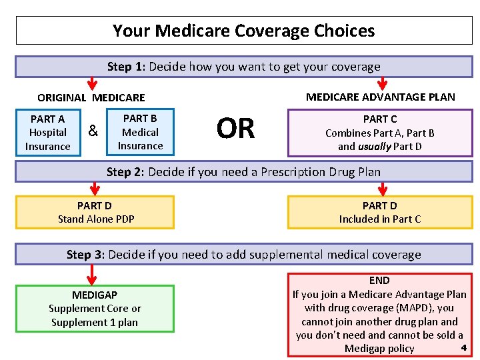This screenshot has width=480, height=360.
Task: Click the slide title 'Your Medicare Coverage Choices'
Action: coord(243,31)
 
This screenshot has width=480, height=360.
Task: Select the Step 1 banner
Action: coord(243,67)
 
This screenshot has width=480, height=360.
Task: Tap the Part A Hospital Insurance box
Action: coord(48,132)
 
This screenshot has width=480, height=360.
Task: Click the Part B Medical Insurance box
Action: coord(140,132)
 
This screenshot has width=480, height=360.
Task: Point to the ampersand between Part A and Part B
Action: coord(93,131)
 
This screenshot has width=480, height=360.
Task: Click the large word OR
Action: coord(235,129)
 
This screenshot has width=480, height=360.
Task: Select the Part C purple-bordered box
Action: coord(379,133)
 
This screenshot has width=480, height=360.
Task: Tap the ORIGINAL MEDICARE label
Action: coord(91,97)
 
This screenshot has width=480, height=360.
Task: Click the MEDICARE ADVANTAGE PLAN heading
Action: coord(380,97)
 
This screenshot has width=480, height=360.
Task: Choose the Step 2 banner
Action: coord(243,172)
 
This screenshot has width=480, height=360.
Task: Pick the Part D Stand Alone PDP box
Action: coord(95,212)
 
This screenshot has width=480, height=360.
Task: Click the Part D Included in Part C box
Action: coord(379,212)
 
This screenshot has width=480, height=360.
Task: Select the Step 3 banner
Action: coord(243,254)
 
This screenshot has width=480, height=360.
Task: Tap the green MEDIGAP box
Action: coord(95,309)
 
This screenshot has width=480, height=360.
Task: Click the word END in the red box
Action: coord(379,281)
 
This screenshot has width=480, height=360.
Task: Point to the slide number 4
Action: coord(463,347)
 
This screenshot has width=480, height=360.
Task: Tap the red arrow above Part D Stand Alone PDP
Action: coord(92,187)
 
